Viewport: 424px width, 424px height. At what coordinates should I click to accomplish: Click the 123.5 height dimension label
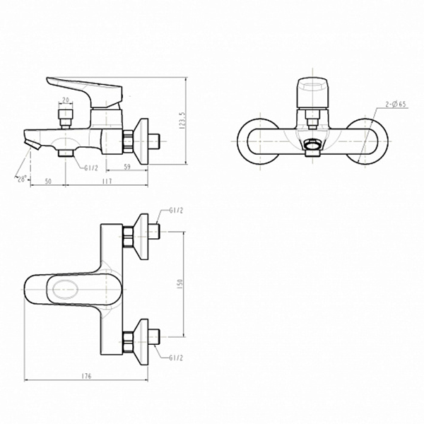[183, 120]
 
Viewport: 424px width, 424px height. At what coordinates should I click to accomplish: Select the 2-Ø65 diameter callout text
[396, 104]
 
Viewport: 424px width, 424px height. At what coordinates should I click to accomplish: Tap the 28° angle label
[22, 179]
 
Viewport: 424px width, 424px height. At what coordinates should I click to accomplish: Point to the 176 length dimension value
[86, 376]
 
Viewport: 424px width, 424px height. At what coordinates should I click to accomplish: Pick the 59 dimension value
[126, 167]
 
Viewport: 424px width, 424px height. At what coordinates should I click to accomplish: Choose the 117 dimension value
[107, 181]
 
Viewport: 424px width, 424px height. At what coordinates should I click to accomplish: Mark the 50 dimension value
[48, 181]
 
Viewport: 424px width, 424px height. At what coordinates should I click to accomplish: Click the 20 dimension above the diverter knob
[66, 100]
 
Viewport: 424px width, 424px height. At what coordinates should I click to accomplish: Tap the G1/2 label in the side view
[91, 168]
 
